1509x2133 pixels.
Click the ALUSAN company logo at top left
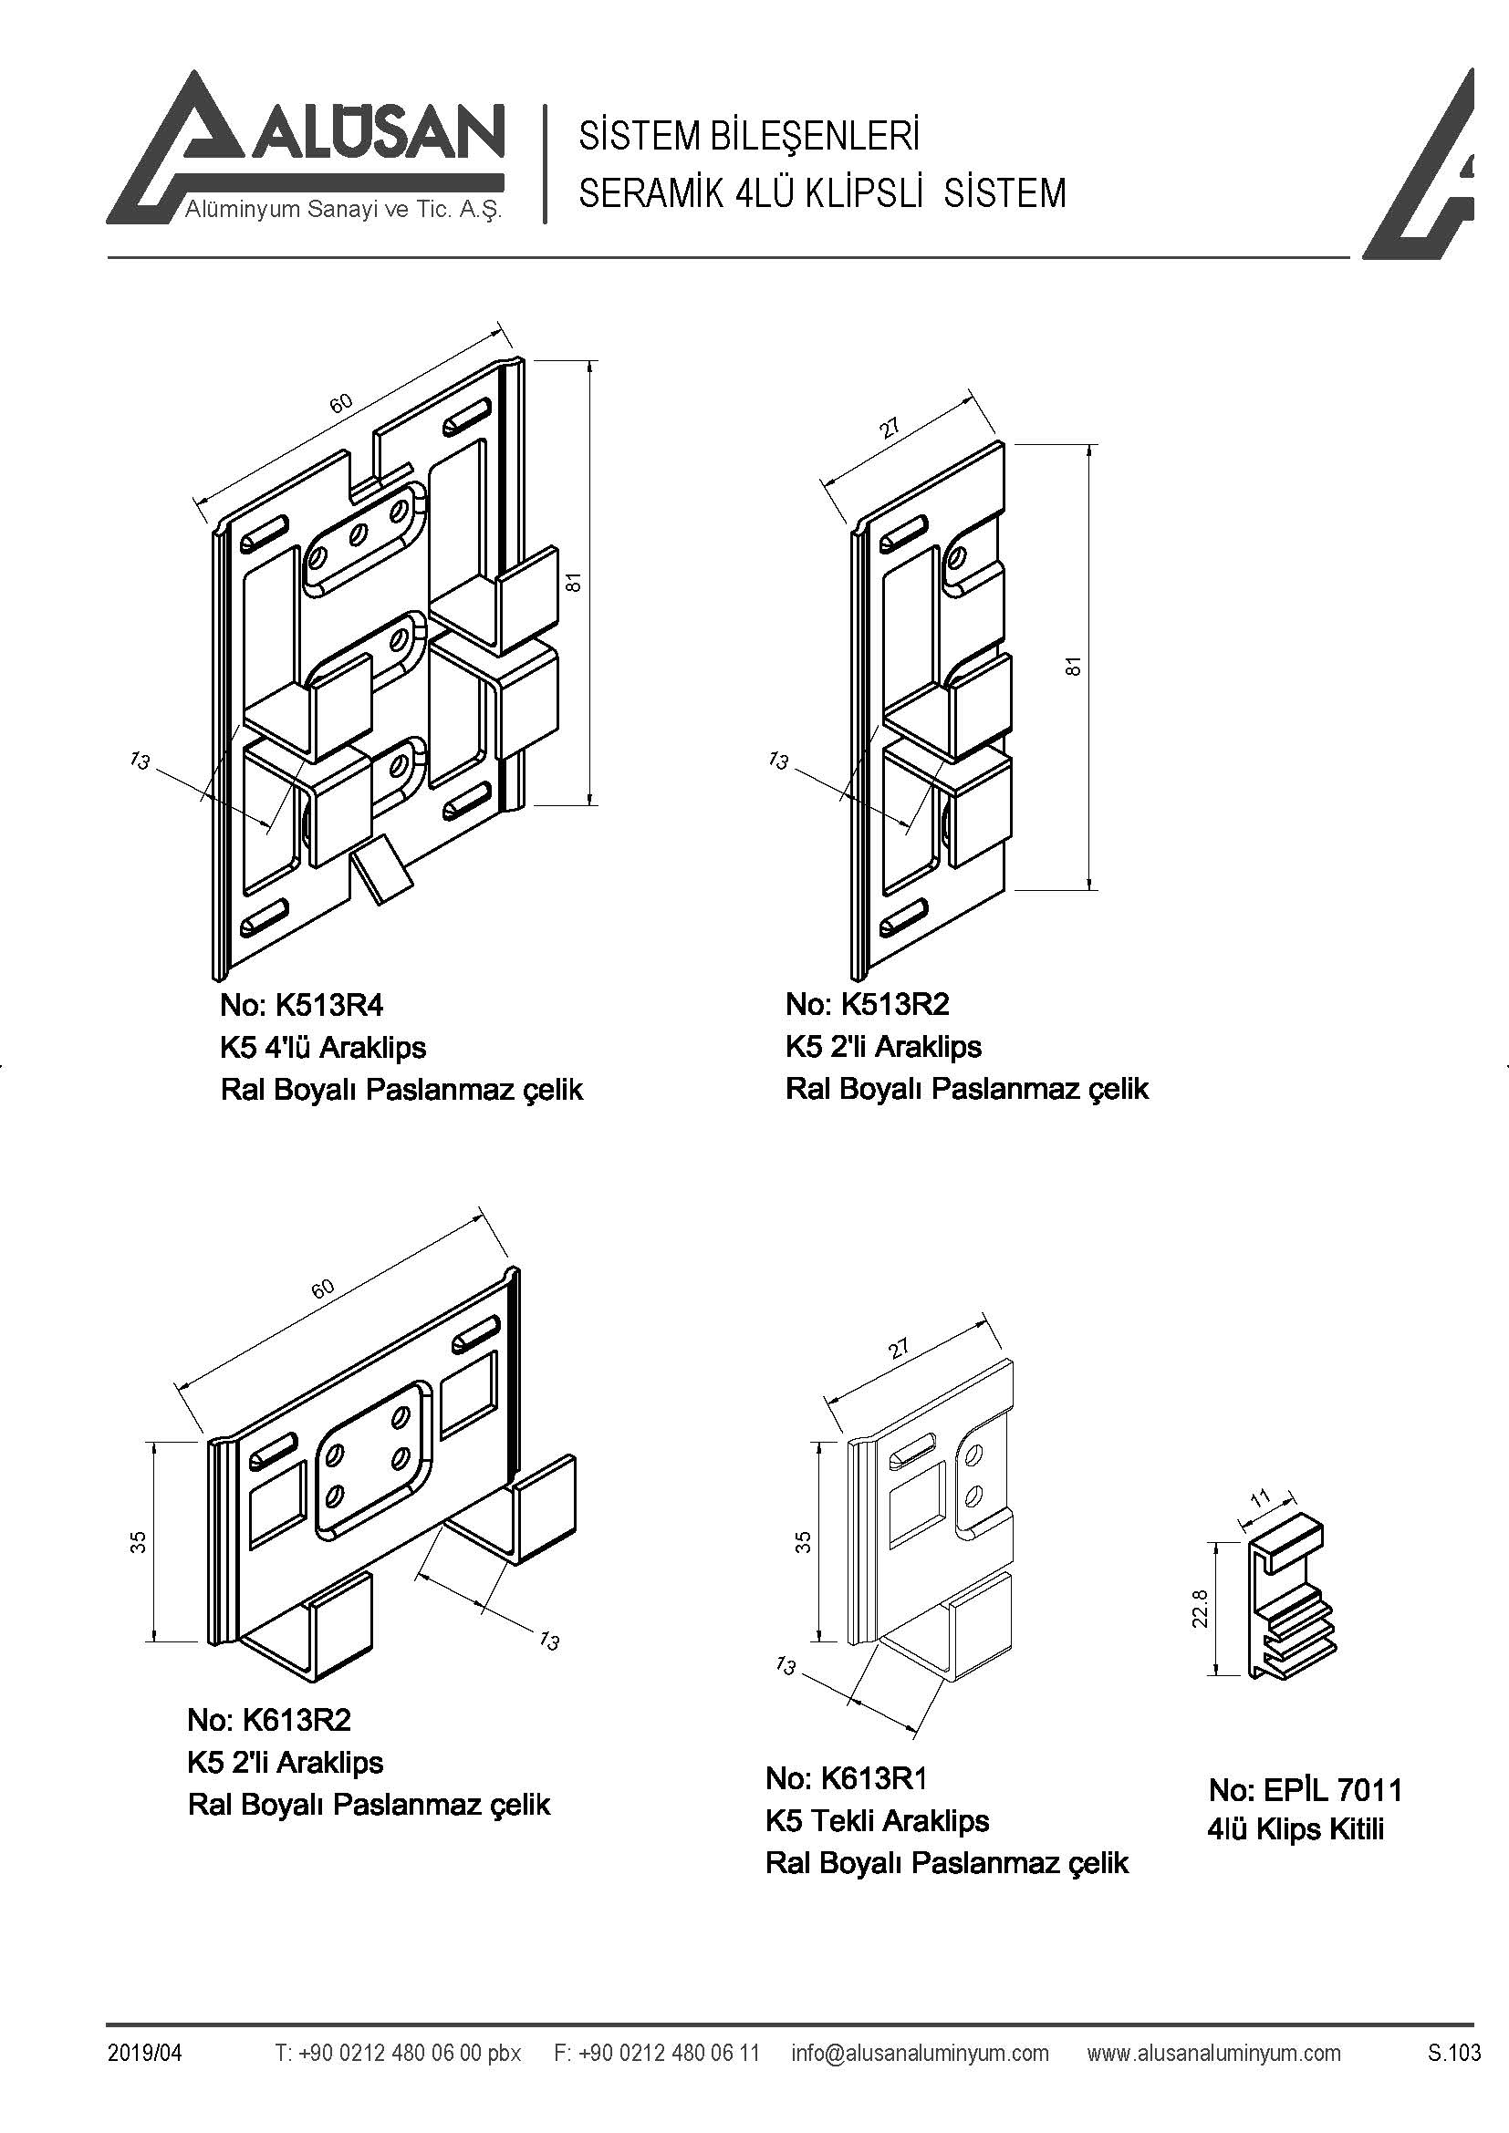click(307, 149)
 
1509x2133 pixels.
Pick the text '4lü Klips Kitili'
click(1296, 1829)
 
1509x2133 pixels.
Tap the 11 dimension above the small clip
click(1261, 1498)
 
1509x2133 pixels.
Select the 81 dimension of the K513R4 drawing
click(575, 582)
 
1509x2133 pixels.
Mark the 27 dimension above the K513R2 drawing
click(890, 429)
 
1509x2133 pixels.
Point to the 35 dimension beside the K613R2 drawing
click(139, 1542)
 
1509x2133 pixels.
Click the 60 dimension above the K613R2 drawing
click(322, 1289)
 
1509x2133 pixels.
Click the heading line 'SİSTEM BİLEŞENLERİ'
click(749, 137)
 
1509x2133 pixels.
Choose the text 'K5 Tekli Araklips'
click(877, 1820)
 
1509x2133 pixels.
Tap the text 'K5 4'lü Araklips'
click(322, 1047)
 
